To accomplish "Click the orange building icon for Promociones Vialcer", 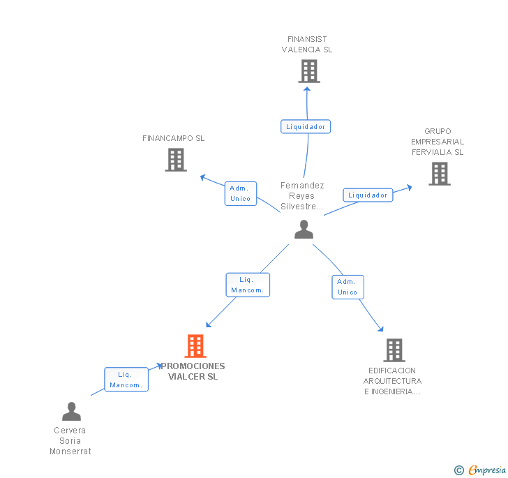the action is click(195, 346).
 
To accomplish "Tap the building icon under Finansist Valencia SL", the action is click(309, 71).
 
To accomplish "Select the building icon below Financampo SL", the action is click(176, 159).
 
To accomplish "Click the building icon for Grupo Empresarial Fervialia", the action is click(440, 174).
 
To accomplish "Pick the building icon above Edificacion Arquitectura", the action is click(394, 350).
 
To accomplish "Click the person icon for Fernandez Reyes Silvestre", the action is click(304, 229).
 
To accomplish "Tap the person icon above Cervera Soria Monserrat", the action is click(72, 411).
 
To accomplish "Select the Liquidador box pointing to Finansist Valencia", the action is click(306, 126).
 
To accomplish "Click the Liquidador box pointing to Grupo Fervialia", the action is click(368, 195).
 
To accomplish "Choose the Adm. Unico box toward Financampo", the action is click(241, 193).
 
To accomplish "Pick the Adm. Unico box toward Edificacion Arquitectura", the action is click(348, 287).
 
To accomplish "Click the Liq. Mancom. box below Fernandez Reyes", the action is click(248, 285).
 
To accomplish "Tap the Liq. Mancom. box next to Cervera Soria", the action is click(126, 380).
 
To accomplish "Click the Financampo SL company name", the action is click(174, 138).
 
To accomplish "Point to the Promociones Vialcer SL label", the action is click(193, 371).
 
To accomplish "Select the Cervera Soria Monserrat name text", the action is click(70, 441).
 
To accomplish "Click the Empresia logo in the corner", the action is click(480, 470).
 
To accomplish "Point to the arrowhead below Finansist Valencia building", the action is click(307, 89).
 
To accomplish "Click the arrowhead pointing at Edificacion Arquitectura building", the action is click(381, 329).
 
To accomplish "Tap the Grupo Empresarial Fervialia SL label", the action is click(438, 142).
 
